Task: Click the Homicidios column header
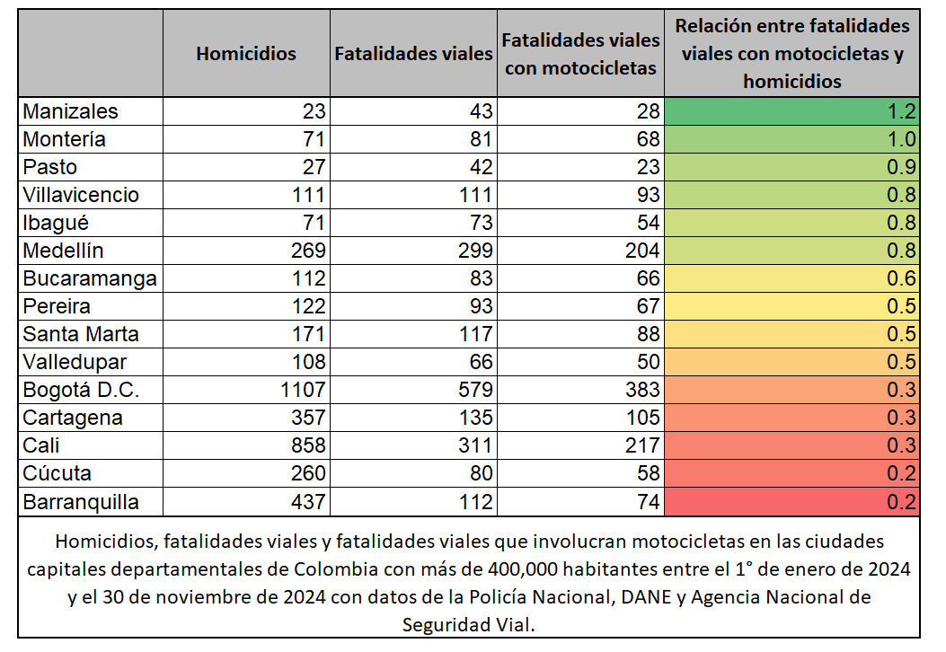(x=245, y=54)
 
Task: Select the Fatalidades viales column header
(x=413, y=54)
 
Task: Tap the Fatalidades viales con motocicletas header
(x=580, y=54)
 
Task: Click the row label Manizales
(x=70, y=112)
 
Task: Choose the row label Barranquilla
(x=81, y=502)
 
